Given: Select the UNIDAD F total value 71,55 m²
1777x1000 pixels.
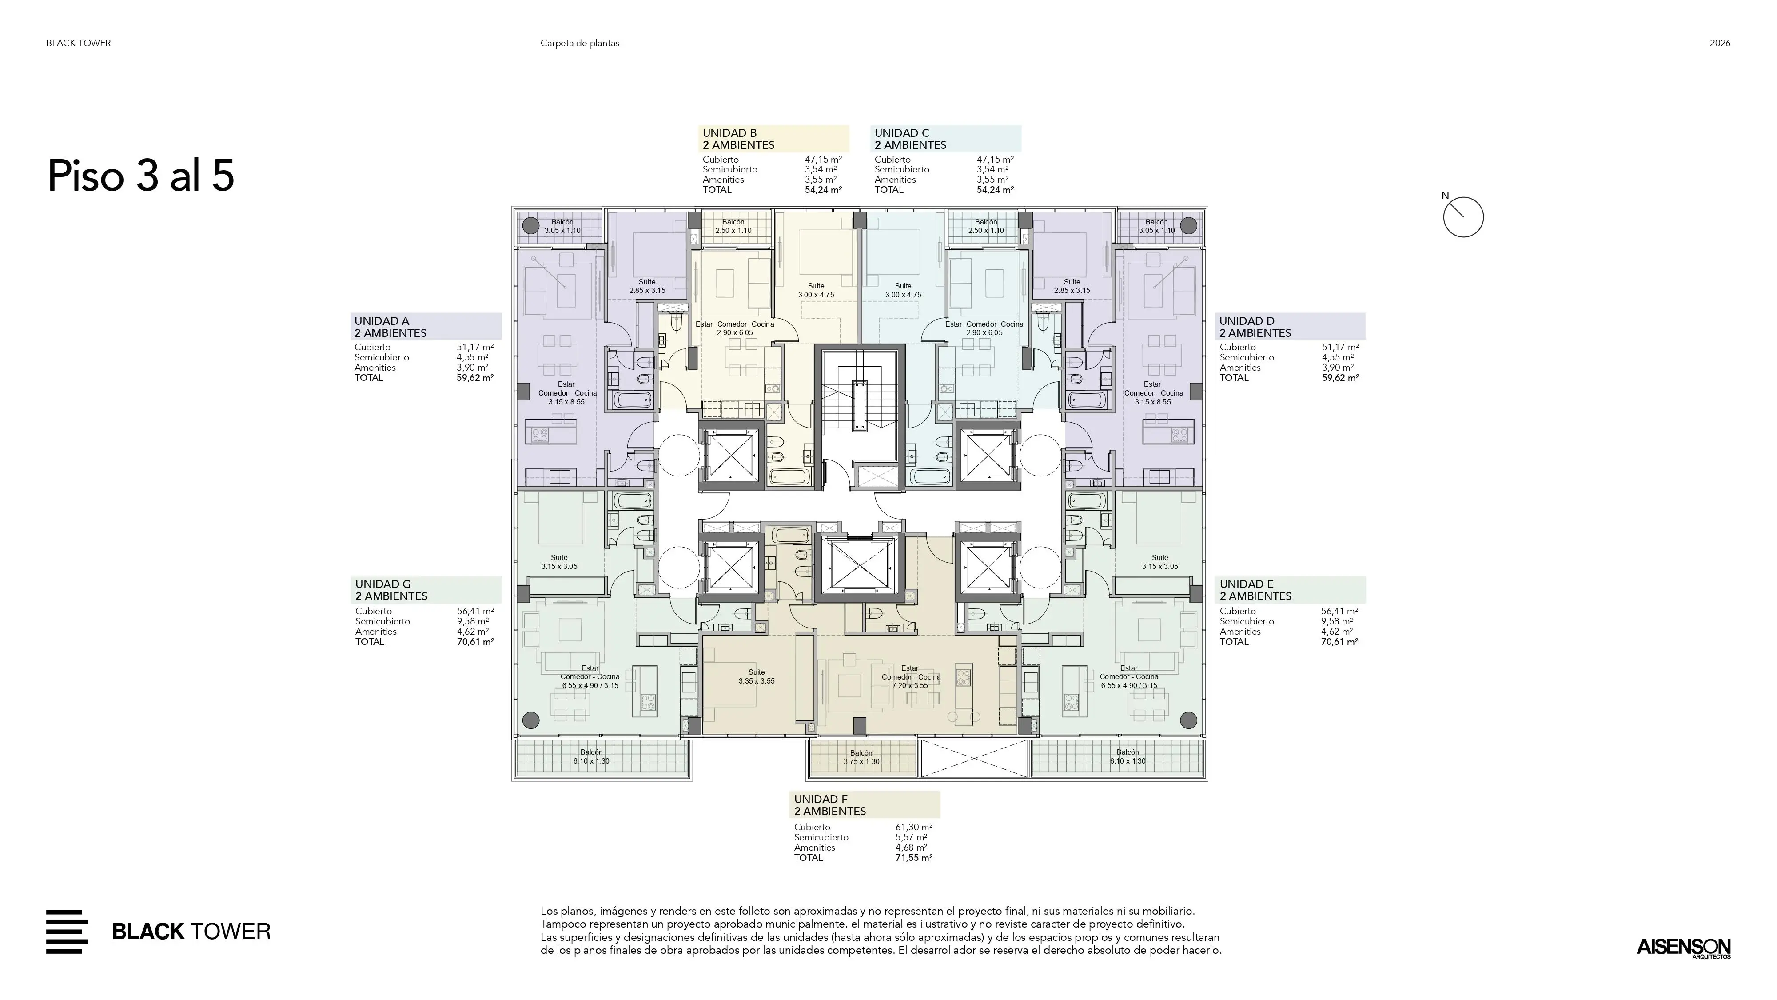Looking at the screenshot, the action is pyautogui.click(x=913, y=858).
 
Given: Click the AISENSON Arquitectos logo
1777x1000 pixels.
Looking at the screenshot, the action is pyautogui.click(x=1683, y=948).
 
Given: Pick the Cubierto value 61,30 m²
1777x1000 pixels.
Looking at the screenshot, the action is pyautogui.click(x=913, y=827).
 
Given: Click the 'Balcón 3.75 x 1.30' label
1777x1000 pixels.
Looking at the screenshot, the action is pyautogui.click(x=861, y=757).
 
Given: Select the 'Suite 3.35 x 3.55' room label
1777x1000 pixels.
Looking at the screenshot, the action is pyautogui.click(x=756, y=676).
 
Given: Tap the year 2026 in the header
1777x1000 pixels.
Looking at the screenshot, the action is pyautogui.click(x=1720, y=43).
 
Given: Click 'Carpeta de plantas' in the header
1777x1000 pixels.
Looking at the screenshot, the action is pyautogui.click(x=579, y=43).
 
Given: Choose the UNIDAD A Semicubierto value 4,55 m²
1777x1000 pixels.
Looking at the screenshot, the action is pyautogui.click(x=473, y=357).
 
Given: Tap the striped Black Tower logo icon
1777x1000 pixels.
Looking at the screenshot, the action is pyautogui.click(x=67, y=932).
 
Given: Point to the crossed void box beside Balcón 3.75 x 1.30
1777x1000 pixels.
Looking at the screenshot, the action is pyautogui.click(x=974, y=759).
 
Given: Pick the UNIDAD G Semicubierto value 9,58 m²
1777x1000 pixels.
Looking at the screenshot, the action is pyautogui.click(x=473, y=621).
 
